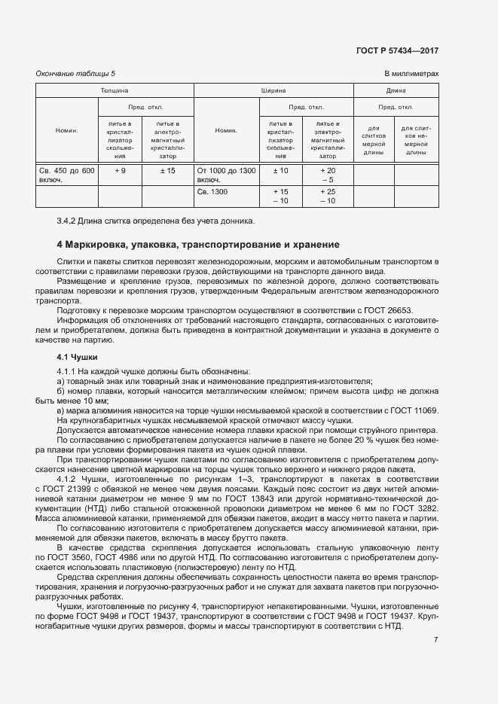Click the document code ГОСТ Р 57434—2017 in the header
point(396,50)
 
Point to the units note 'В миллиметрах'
point(411,74)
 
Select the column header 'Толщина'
point(115,90)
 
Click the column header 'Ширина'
point(273,90)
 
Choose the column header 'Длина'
point(396,90)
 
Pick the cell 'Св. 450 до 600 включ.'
point(66,175)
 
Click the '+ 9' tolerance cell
point(120,171)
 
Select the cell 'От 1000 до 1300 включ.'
point(226,175)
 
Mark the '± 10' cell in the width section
point(280,171)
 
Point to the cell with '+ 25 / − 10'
point(327,197)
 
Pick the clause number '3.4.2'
point(67,221)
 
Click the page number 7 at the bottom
point(435,640)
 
